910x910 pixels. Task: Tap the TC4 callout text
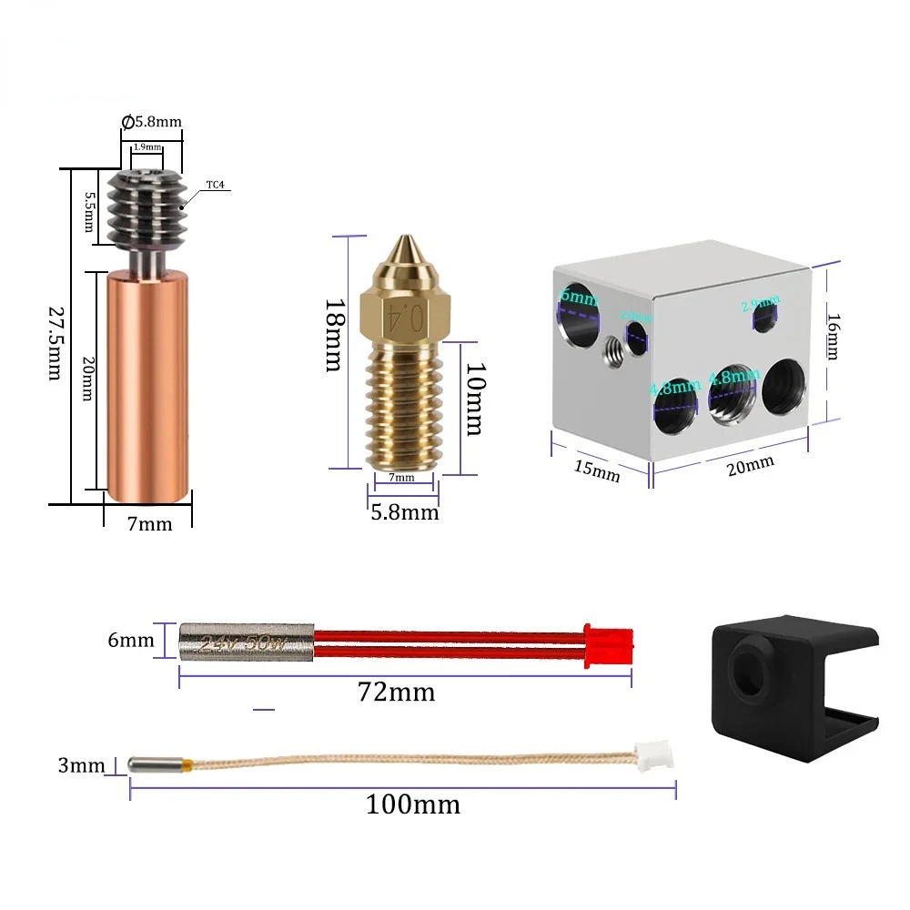click(x=215, y=185)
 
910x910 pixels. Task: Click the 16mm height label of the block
click(x=833, y=337)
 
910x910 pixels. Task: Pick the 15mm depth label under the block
click(x=597, y=470)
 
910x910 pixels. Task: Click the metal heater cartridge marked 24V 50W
click(x=247, y=641)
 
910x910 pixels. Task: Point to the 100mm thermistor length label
click(x=413, y=804)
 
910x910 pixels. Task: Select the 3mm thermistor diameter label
click(x=82, y=765)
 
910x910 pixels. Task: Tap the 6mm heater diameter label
click(x=131, y=640)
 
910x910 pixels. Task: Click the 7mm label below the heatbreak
click(x=149, y=523)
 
